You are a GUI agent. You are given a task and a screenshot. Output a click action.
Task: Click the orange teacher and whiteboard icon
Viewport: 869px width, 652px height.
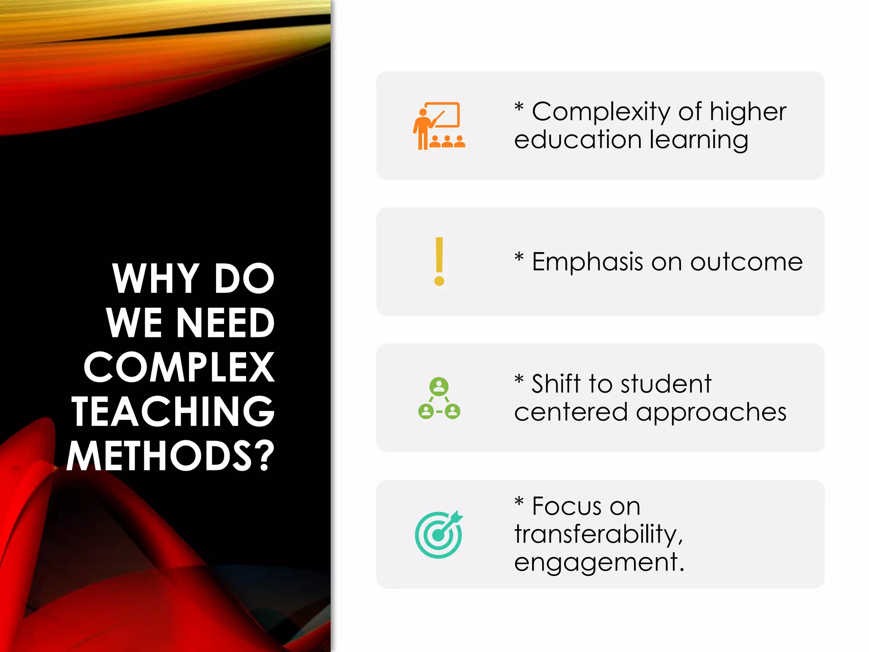pyautogui.click(x=439, y=126)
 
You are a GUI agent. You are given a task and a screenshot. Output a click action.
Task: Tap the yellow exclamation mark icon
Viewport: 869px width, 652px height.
pyautogui.click(x=439, y=261)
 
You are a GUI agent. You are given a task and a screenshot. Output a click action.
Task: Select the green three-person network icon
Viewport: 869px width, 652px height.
pyautogui.click(x=439, y=398)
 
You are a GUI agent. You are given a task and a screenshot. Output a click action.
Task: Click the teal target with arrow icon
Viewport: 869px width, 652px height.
pyautogui.click(x=439, y=534)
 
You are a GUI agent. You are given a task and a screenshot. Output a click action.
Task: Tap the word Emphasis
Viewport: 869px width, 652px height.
pyautogui.click(x=587, y=262)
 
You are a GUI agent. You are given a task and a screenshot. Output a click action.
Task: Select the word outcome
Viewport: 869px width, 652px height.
pyautogui.click(x=746, y=262)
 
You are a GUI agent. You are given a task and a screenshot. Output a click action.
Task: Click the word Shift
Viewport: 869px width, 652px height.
pyautogui.click(x=556, y=384)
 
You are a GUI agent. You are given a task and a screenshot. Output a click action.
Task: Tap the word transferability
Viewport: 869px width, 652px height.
pyautogui.click(x=598, y=534)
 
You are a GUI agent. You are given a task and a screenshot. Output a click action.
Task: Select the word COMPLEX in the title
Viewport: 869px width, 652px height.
pyautogui.click(x=179, y=368)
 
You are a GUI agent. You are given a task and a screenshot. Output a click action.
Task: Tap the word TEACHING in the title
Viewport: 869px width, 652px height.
pyautogui.click(x=173, y=411)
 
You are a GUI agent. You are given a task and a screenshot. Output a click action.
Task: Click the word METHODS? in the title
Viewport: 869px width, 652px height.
pyautogui.click(x=171, y=456)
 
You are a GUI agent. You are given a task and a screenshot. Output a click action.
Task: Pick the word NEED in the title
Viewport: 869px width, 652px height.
pyautogui.click(x=225, y=323)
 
